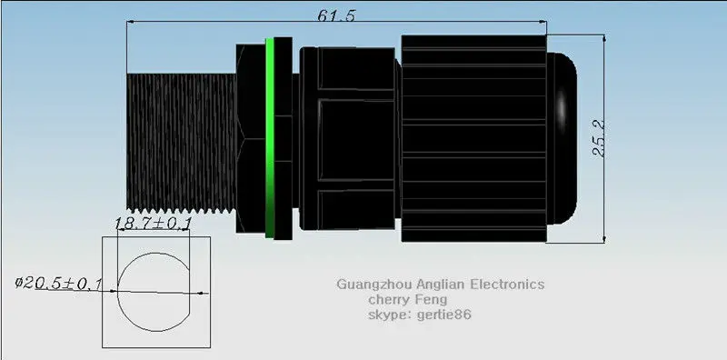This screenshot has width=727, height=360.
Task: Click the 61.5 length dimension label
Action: tap(336, 15)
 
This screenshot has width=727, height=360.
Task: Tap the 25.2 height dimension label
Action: tap(599, 138)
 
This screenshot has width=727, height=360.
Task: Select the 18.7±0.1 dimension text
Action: tap(153, 224)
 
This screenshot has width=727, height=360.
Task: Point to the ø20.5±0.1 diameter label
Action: tap(58, 284)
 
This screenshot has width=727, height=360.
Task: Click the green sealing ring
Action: tap(269, 138)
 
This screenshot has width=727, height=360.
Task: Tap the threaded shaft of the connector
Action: tap(181, 142)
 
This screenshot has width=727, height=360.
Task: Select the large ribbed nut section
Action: tap(473, 138)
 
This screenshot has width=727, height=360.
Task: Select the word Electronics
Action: tap(507, 284)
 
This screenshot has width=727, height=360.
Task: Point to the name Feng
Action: tap(431, 300)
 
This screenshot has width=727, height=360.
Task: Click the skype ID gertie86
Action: tap(443, 315)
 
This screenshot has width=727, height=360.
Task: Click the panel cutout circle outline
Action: tap(118, 292)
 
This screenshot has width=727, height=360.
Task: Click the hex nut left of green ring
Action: tap(251, 138)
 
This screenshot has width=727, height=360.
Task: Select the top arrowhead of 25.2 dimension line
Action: tap(604, 38)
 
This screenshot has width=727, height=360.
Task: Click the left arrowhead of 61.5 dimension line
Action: tap(131, 21)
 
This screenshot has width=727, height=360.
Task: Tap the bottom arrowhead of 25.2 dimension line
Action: tap(604, 238)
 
